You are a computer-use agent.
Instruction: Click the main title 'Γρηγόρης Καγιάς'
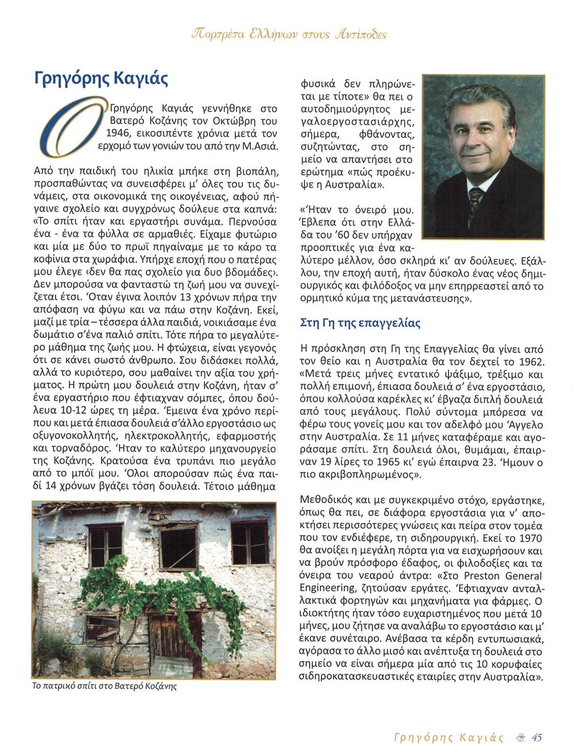[x=101, y=77]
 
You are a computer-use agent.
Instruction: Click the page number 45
[x=537, y=737]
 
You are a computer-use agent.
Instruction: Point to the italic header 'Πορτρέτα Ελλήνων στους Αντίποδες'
[x=288, y=34]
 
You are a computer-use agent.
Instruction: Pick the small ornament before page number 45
[x=520, y=738]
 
